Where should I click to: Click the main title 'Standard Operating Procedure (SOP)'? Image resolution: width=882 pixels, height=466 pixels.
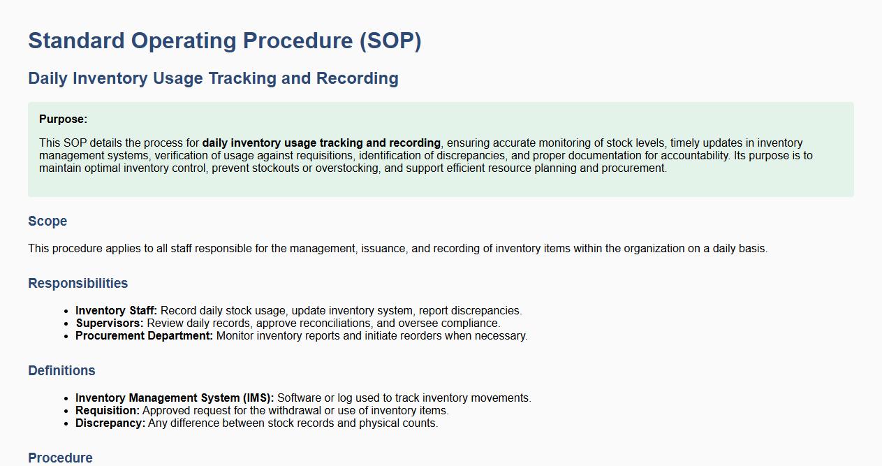[225, 41]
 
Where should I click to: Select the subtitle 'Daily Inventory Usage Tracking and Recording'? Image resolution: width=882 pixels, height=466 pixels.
[213, 78]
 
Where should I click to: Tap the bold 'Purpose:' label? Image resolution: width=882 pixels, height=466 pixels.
[63, 119]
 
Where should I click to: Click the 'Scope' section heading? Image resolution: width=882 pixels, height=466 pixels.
[47, 221]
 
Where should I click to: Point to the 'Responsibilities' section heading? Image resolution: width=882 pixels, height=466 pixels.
[78, 283]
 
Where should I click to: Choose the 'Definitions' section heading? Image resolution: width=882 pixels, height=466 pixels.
[61, 371]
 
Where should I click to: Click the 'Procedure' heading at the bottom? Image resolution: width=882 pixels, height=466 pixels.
[60, 458]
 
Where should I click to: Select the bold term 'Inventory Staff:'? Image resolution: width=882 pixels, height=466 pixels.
[116, 310]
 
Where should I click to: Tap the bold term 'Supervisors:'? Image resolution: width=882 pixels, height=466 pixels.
[110, 323]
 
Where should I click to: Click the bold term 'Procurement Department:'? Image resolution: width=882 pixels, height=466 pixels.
[144, 335]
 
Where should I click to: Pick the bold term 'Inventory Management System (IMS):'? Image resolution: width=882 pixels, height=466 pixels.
[175, 398]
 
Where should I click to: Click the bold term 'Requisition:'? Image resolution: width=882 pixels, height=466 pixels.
[108, 411]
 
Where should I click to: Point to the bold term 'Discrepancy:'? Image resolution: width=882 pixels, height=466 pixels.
[110, 423]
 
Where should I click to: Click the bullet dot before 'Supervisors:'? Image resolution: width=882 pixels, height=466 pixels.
[66, 323]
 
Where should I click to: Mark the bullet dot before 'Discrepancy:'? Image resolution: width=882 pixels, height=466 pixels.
[66, 424]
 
